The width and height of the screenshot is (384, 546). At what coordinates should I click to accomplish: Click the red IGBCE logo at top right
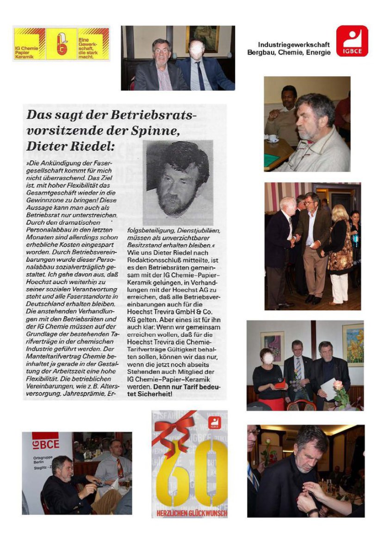(x=352, y=41)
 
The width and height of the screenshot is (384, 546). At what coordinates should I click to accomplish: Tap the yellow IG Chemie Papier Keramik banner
(x=61, y=44)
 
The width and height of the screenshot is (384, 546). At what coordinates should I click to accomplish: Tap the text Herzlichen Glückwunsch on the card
(x=190, y=513)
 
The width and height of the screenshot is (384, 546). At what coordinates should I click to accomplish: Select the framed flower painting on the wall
(x=353, y=344)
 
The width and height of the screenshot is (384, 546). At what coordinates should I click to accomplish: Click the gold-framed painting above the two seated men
(x=202, y=39)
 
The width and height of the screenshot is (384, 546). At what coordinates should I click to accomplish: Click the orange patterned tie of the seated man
(x=120, y=467)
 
